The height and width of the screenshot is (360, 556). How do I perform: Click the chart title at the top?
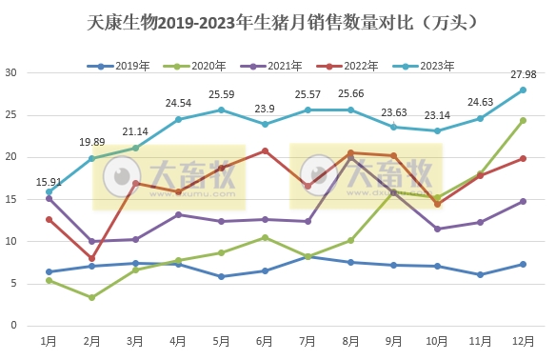click(277, 20)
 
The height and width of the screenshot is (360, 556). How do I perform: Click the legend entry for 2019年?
click(119, 66)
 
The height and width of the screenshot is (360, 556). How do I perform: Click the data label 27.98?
click(523, 74)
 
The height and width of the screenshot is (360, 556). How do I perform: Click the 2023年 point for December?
click(523, 90)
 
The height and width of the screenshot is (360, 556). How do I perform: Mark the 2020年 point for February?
click(92, 297)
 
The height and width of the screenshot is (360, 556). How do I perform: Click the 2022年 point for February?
click(92, 258)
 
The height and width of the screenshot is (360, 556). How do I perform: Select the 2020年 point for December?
click(523, 121)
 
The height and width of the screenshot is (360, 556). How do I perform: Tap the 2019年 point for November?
click(480, 274)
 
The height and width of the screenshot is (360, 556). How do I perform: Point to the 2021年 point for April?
click(178, 214)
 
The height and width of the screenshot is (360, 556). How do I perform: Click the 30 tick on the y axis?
click(10, 72)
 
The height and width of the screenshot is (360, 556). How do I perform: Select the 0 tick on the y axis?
click(13, 326)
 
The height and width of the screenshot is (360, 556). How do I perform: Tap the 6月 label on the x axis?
click(265, 340)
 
